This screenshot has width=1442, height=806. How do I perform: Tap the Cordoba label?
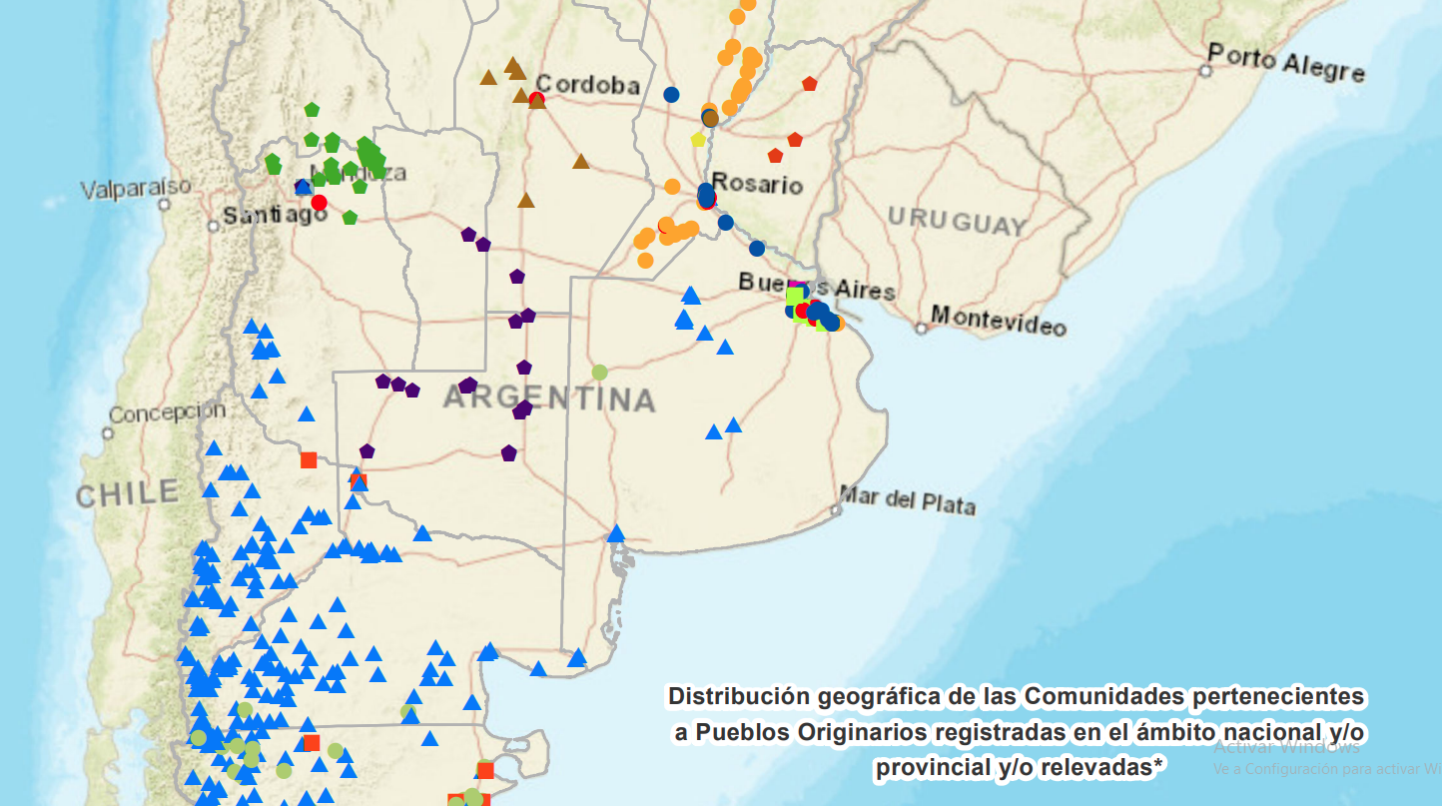pyautogui.click(x=588, y=85)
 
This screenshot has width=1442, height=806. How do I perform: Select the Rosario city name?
pyautogui.click(x=758, y=185)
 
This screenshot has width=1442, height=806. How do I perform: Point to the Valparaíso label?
pyautogui.click(x=136, y=188)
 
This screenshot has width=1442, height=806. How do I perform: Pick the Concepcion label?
pyautogui.click(x=168, y=412)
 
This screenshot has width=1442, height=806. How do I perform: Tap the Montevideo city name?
pyautogui.click(x=998, y=322)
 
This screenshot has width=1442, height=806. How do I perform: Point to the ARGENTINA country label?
pyautogui.click(x=549, y=399)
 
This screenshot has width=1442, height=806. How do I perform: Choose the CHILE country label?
pyautogui.click(x=128, y=492)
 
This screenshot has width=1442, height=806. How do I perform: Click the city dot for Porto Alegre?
pyautogui.click(x=1205, y=71)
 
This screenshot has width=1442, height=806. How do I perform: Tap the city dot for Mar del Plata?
pyautogui.click(x=836, y=509)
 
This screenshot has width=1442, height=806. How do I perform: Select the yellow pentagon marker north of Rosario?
pyautogui.click(x=698, y=140)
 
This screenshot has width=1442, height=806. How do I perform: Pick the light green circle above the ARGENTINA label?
pyautogui.click(x=599, y=372)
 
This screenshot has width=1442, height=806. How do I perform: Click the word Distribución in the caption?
pyautogui.click(x=738, y=695)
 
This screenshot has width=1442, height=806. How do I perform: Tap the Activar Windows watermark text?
pyautogui.click(x=1286, y=746)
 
